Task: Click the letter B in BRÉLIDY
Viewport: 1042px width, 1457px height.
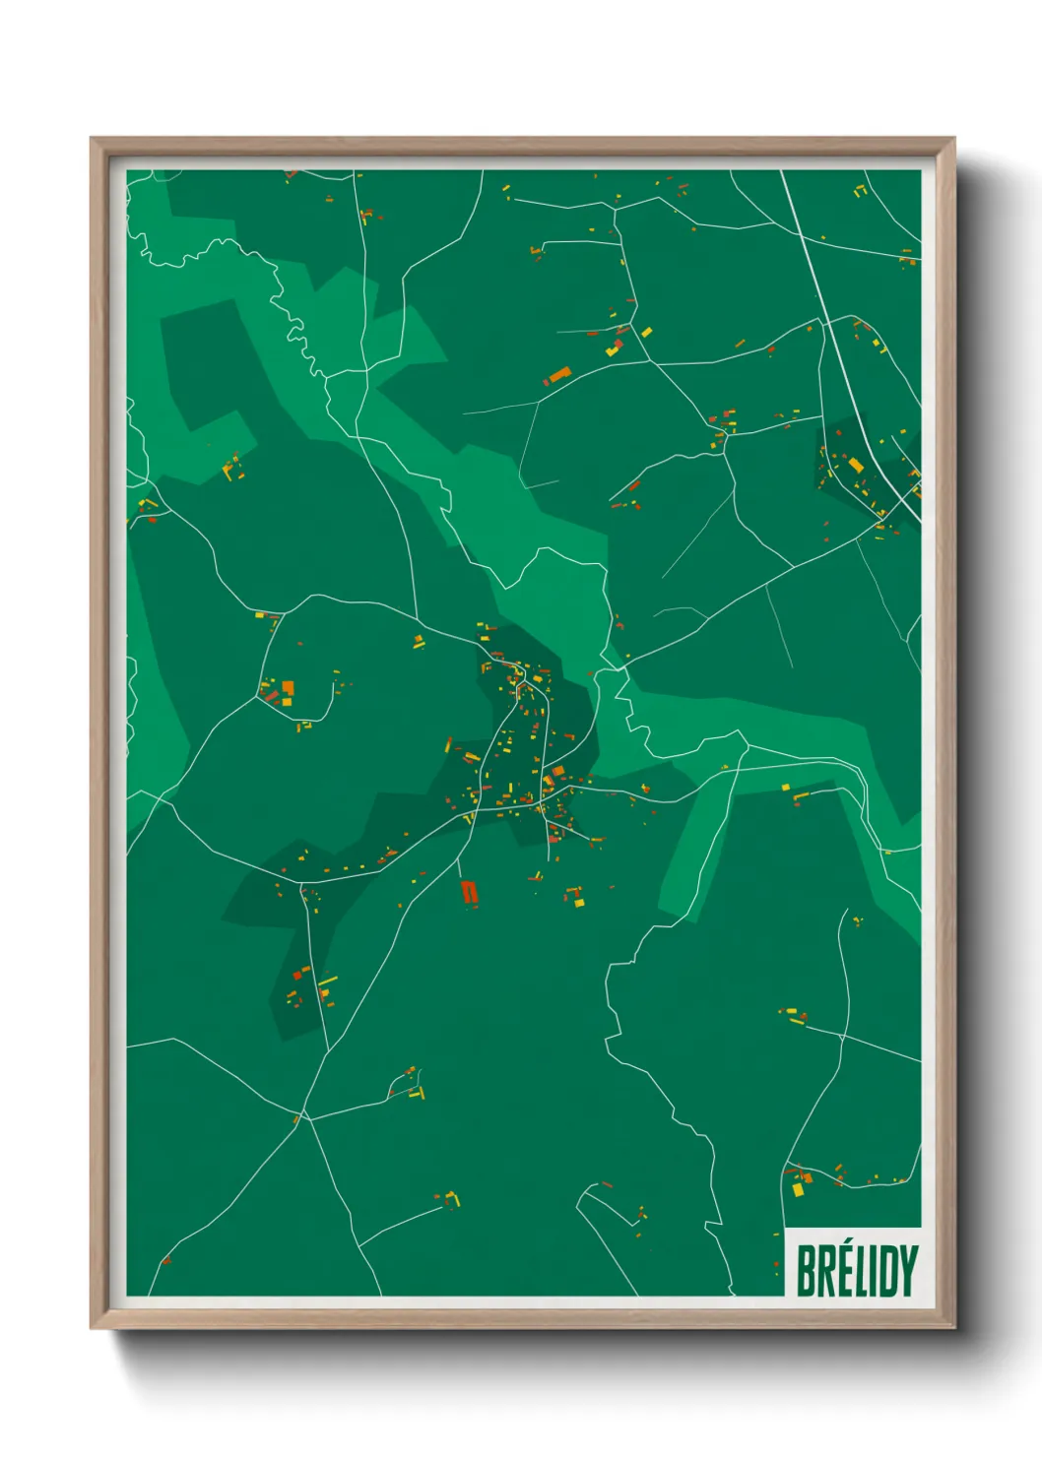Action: click(x=806, y=1271)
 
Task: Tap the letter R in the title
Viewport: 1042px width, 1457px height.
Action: click(x=826, y=1271)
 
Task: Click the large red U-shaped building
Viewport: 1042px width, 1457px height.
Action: click(x=469, y=892)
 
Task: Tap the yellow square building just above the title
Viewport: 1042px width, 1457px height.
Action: click(x=798, y=1189)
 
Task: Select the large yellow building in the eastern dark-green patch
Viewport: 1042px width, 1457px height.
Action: click(x=856, y=465)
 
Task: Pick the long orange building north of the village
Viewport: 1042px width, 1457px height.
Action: click(x=559, y=374)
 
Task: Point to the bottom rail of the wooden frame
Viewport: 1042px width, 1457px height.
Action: click(x=522, y=1321)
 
